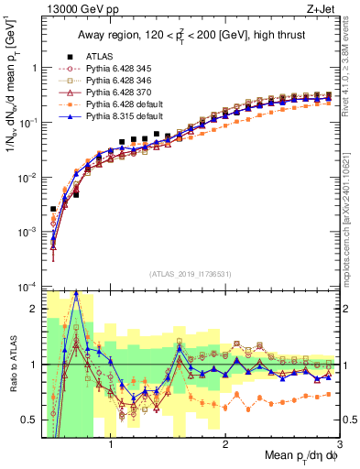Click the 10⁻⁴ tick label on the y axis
click(x=27, y=287)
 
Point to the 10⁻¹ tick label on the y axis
click(x=27, y=122)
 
